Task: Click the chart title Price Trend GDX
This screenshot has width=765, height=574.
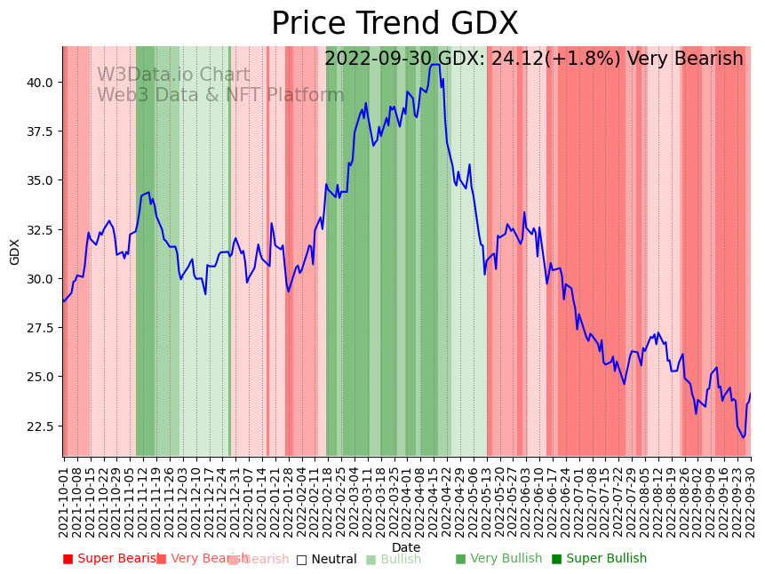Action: coord(394,24)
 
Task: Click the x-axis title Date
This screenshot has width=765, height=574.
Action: coord(406,547)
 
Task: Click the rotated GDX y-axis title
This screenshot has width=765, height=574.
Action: coord(15,251)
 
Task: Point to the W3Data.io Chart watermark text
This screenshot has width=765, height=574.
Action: coord(173,76)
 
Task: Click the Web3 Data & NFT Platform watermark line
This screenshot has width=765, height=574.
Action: coord(220,95)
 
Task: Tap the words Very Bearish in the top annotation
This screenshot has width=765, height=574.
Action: coord(685,60)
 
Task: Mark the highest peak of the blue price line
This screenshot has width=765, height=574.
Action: coord(434,64)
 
